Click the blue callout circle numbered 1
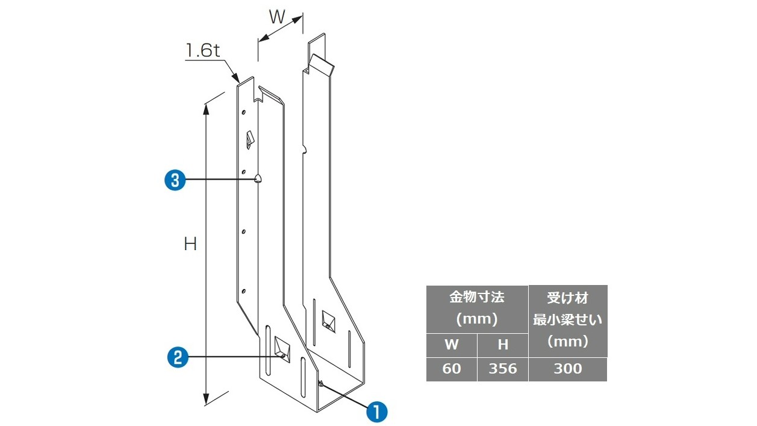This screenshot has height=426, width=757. point(377,412)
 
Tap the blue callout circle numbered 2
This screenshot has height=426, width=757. point(178,357)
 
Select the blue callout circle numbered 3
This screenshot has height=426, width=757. point(175,180)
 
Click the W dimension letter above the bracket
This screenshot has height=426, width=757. point(277,17)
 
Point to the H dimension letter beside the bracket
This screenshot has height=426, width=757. point(190,244)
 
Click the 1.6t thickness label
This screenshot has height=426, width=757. point(203,51)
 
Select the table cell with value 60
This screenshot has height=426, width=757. point(452,369)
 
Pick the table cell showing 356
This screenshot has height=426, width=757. point(502,369)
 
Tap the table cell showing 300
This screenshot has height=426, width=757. point(568,369)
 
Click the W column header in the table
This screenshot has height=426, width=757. point(452,345)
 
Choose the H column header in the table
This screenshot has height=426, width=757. point(502,345)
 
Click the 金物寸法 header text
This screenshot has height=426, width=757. point(477,297)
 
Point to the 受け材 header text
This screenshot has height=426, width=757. point(568,298)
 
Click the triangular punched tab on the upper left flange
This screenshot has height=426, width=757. point(250,140)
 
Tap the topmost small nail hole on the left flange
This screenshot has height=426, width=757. point(243,112)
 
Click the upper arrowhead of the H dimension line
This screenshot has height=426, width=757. point(206,109)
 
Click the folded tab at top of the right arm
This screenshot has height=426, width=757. point(322,64)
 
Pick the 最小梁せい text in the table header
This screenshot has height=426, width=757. point(568,320)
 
